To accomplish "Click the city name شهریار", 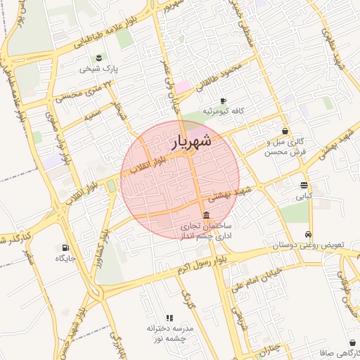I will pos(191,143).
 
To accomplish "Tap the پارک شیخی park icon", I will pos(99,57).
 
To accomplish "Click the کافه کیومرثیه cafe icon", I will pos(224,101).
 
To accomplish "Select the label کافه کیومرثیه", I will pos(223,112).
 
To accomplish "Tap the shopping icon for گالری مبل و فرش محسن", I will pos(284,131).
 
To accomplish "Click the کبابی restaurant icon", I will pos(304,186).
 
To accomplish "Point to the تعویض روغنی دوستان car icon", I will pos(308,235).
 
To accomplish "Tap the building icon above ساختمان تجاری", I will pos(205,215).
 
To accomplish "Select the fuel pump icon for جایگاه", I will pos(65,247).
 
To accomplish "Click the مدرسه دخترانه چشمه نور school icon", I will pos(169,318).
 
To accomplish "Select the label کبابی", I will pos(304,197).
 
